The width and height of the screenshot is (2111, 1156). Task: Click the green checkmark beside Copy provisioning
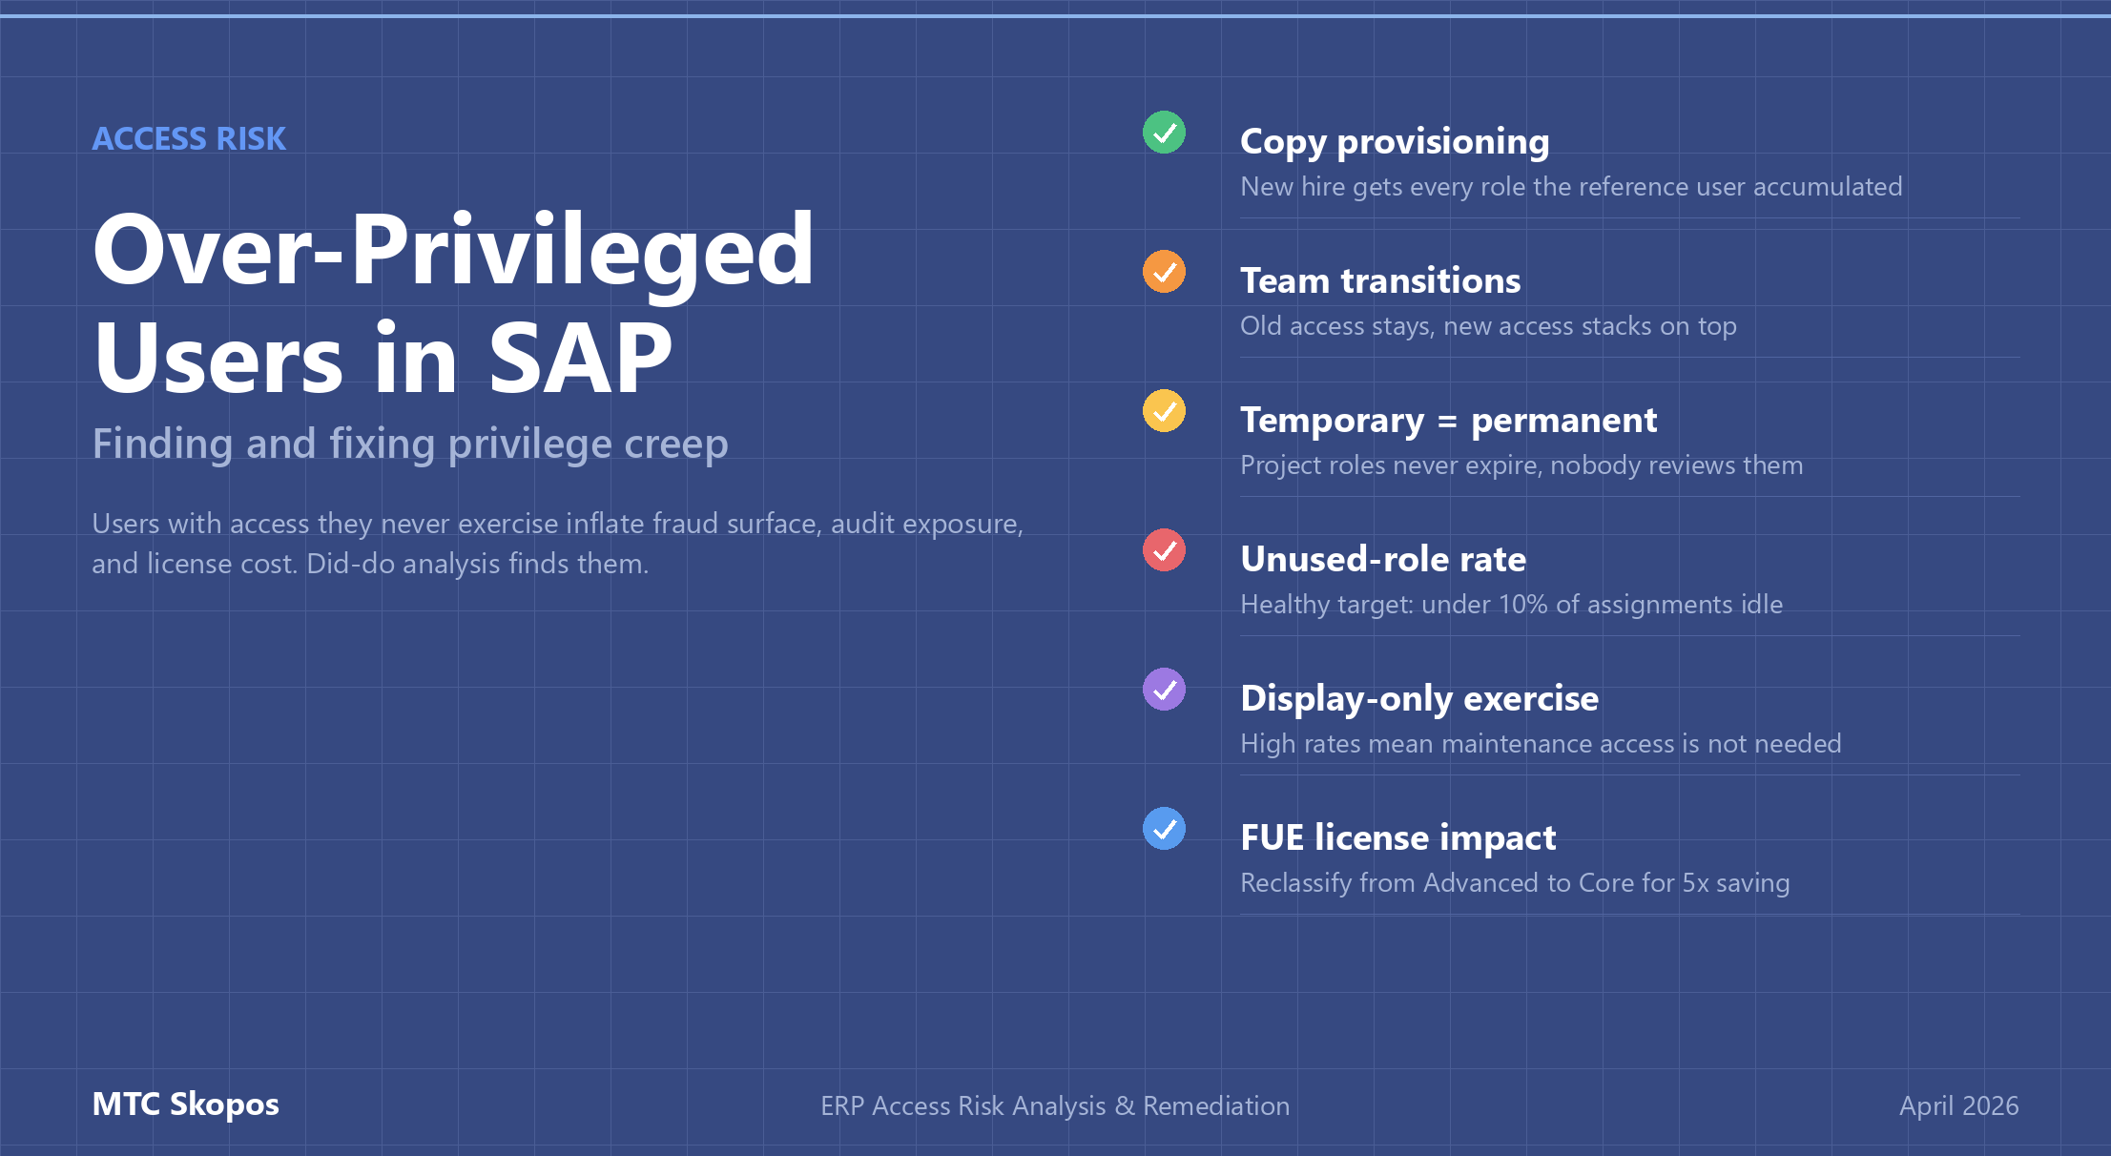coord(1164,133)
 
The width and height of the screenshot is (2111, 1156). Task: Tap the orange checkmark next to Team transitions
coord(1164,272)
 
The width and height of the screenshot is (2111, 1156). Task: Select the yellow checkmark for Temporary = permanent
coord(1164,411)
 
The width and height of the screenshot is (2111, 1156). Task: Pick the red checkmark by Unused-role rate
coord(1164,550)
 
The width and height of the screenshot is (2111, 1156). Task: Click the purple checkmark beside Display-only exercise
coord(1164,690)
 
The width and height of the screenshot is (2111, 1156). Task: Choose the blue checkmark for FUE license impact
coord(1164,829)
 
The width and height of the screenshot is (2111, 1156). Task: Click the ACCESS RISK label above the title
coord(189,139)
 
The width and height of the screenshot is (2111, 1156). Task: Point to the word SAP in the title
coord(580,359)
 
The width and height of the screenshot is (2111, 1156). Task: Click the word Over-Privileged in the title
coord(453,250)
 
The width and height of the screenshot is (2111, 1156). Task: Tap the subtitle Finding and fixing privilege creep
coord(410,444)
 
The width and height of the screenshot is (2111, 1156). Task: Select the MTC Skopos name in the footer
coord(185,1104)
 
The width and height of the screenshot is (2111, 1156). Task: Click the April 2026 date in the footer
coord(1958,1105)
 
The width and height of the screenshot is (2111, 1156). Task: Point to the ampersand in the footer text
coord(1125,1106)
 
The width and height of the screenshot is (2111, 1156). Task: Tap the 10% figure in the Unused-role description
coord(1522,605)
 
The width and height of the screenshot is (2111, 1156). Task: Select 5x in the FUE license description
coord(1695,883)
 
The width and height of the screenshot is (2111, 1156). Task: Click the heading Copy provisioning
coord(1395,142)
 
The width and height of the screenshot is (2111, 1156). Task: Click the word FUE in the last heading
coord(1273,838)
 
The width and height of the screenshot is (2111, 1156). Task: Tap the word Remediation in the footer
coord(1216,1106)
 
